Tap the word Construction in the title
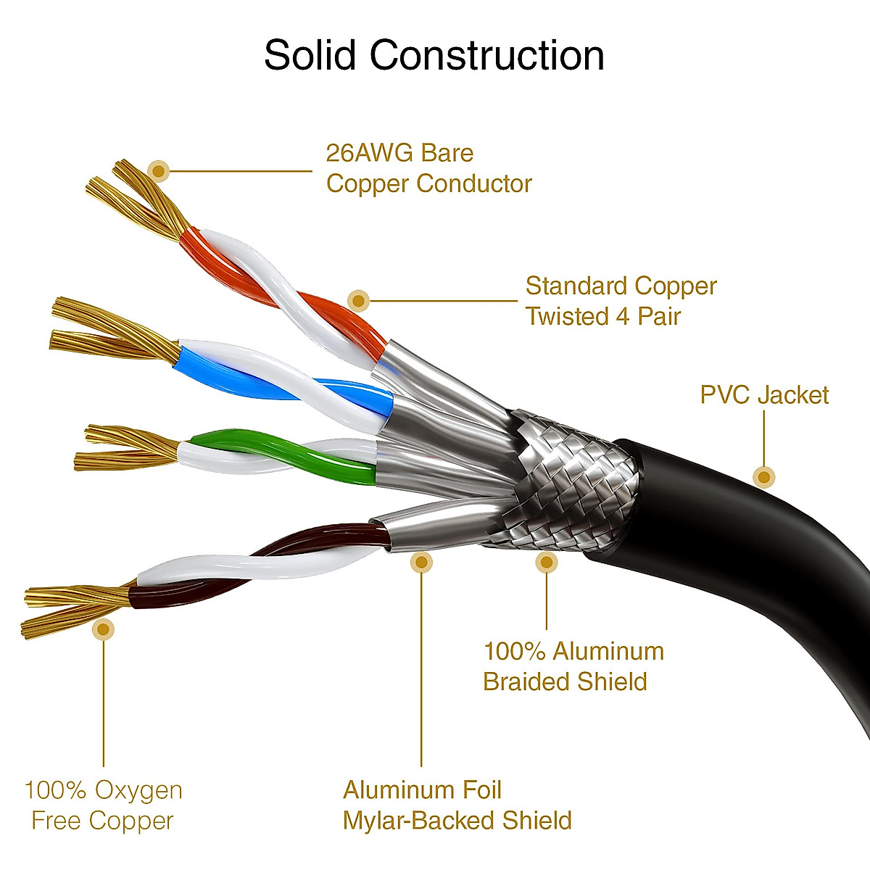(x=487, y=55)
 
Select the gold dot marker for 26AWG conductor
(x=158, y=172)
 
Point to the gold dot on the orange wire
(x=358, y=300)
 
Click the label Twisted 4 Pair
(x=603, y=317)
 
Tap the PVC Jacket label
(x=764, y=395)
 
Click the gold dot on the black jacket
(x=763, y=477)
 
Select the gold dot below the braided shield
(x=547, y=561)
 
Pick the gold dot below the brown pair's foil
(x=421, y=562)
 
